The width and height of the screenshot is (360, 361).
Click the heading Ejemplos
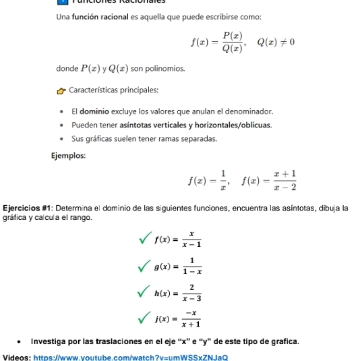68,155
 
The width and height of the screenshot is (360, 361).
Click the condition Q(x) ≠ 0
274,43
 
